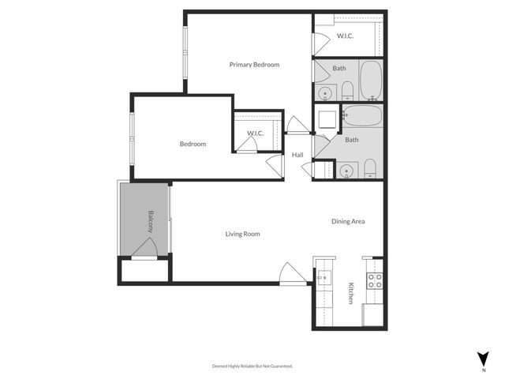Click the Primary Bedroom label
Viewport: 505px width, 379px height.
[x=254, y=65]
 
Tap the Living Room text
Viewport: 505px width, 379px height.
[x=242, y=234]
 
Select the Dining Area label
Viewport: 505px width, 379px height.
[x=347, y=221]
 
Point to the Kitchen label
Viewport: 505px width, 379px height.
[x=351, y=295]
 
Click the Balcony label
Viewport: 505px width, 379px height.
[x=151, y=220]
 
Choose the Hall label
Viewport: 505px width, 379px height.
[x=297, y=155]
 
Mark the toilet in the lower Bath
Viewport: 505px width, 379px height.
[x=368, y=168]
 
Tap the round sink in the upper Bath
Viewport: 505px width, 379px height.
[x=324, y=93]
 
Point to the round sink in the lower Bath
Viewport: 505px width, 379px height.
[x=345, y=170]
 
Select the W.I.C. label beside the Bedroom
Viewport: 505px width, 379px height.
[x=255, y=133]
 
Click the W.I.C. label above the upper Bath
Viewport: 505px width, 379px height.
[x=345, y=36]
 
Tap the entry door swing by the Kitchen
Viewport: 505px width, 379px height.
[x=294, y=273]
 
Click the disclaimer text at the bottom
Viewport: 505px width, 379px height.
[x=252, y=366]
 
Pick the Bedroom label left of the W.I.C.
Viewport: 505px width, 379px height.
[x=193, y=144]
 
